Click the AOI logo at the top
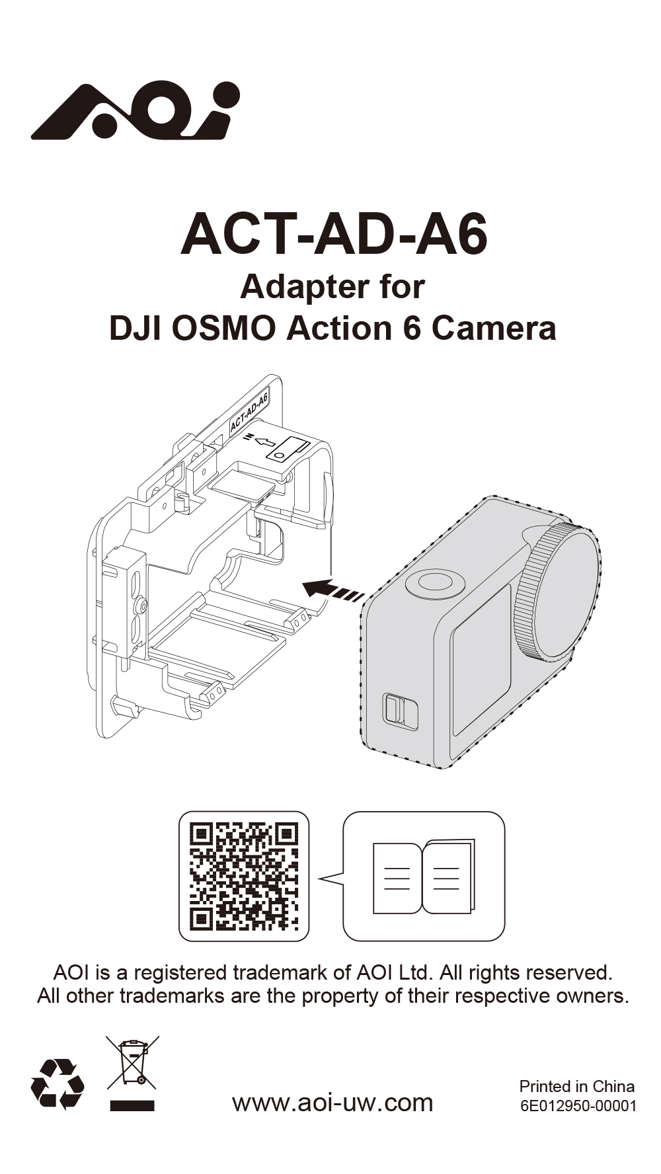(135, 110)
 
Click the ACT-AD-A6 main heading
(334, 235)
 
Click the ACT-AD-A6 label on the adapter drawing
(249, 412)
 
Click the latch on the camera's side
(399, 711)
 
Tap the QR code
(244, 877)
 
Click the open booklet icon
(424, 877)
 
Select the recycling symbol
(58, 1084)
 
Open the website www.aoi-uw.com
(332, 1103)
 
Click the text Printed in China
(576, 1086)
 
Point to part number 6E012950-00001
(578, 1106)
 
